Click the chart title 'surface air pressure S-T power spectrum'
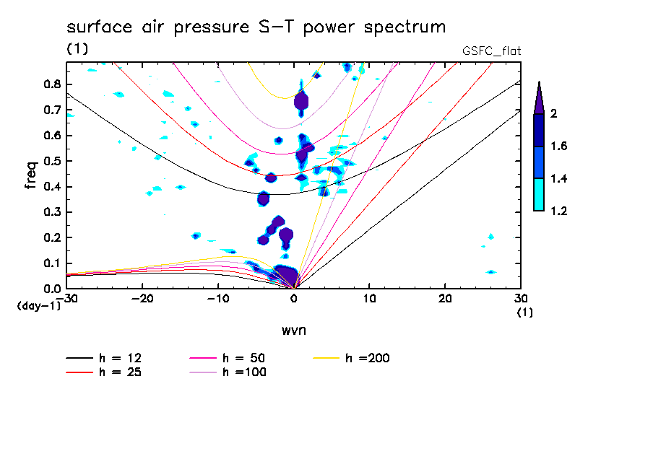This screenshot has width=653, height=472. tap(256, 27)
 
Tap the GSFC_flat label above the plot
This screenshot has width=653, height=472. tap(491, 51)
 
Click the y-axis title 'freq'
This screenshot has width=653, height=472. tap(31, 175)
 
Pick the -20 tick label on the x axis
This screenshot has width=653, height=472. tap(143, 298)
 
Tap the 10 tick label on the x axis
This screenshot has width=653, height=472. tap(369, 298)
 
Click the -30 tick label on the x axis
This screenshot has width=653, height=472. tap(67, 298)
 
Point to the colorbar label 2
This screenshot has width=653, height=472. tap(554, 114)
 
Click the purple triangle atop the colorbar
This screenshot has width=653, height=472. tap(539, 98)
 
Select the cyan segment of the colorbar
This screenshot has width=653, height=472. tap(539, 194)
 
